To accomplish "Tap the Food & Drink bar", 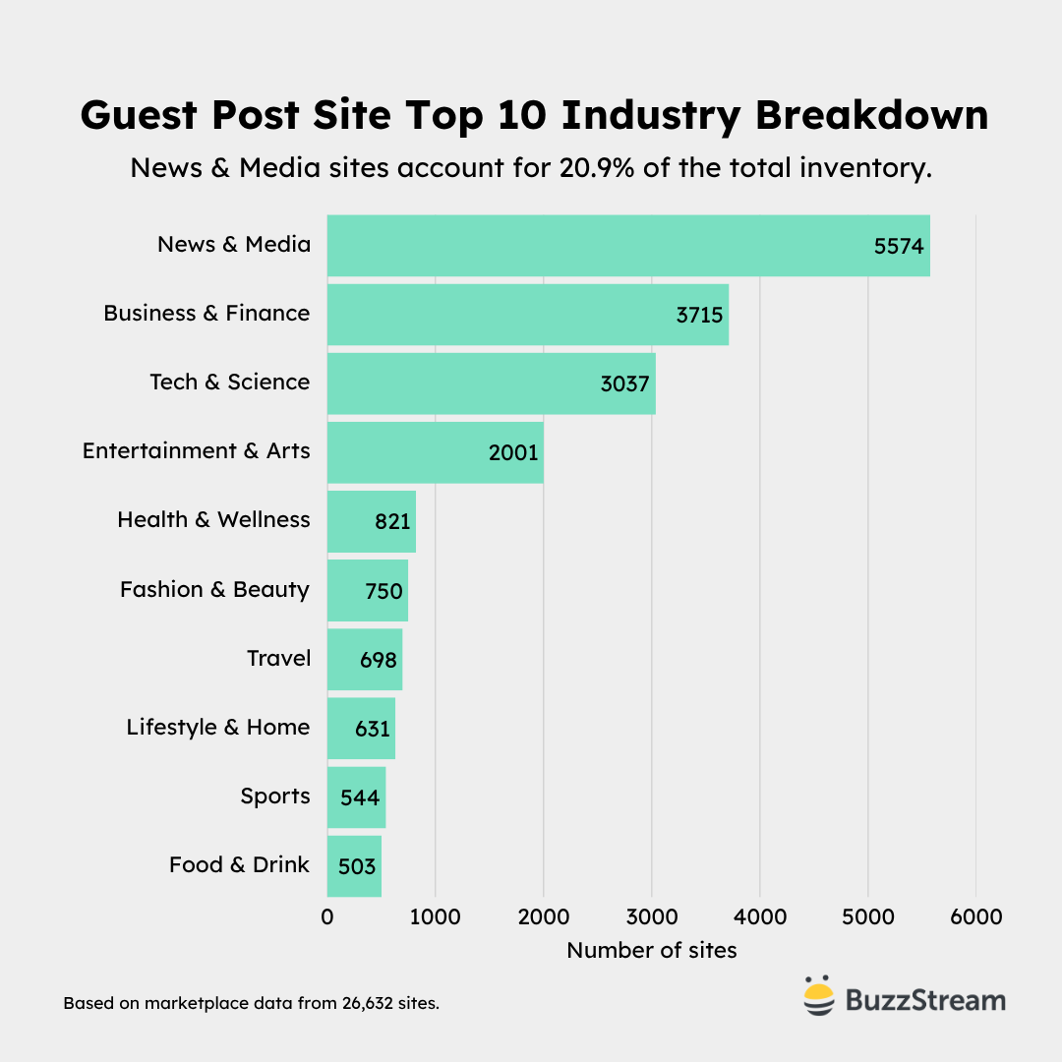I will (354, 865).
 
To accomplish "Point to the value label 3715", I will (699, 315).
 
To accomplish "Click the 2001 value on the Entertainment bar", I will (513, 452).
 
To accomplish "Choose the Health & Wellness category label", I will (213, 519).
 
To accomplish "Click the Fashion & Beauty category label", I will (214, 589).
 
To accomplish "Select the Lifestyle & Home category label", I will (217, 727).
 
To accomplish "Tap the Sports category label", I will (275, 796).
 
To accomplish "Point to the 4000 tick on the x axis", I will (760, 917).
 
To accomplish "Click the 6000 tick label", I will (976, 917).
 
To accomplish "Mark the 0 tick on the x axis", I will (327, 917).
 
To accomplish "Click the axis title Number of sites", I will (651, 951).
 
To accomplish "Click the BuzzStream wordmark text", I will (925, 1001).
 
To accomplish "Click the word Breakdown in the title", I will (871, 116).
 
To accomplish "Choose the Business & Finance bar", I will (527, 314).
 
